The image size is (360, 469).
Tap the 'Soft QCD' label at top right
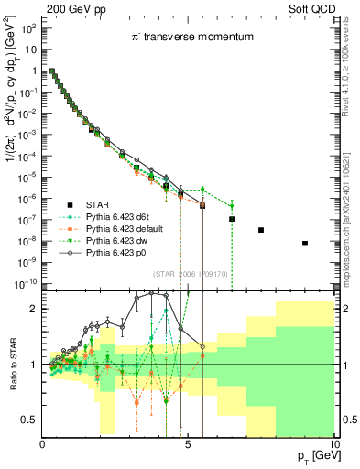click(313, 7)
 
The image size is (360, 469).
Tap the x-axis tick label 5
click(188, 442)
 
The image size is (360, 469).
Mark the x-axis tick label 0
click(42, 442)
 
